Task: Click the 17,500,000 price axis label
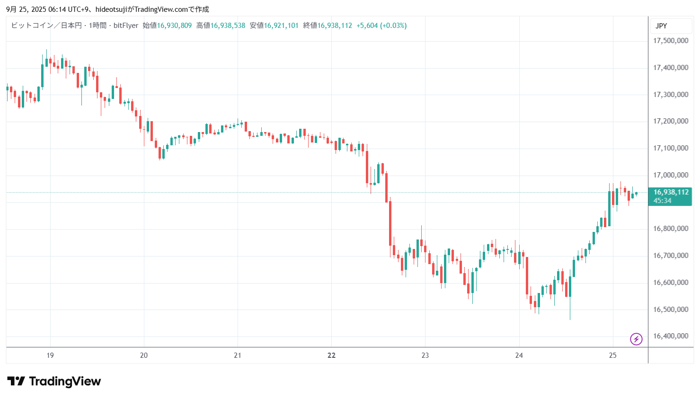tap(671, 41)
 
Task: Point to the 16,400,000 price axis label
tap(671, 336)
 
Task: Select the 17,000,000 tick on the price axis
tap(671, 175)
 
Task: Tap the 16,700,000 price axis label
tap(671, 256)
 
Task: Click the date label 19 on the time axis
tap(50, 355)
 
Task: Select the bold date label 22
tap(331, 355)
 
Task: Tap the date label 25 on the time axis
tap(612, 355)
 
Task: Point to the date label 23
tap(425, 355)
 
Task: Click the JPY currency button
tap(661, 26)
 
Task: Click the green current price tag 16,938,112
tap(671, 192)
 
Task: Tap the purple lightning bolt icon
tap(636, 339)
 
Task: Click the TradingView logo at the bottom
tap(54, 381)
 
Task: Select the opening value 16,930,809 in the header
tap(174, 26)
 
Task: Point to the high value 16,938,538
tap(228, 26)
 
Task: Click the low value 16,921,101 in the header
tap(281, 26)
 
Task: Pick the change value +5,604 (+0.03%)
tap(381, 26)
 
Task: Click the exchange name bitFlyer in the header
tap(126, 26)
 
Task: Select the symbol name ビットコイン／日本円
tap(46, 26)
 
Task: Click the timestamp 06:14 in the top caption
tap(57, 9)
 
